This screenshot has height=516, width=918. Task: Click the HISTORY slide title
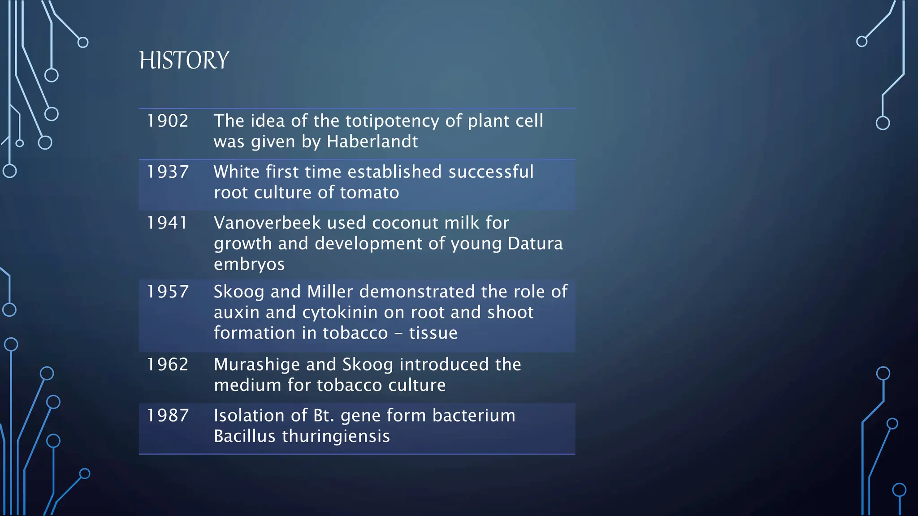coord(184,60)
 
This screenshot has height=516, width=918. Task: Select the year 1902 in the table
coord(168,121)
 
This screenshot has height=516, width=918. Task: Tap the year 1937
coord(168,172)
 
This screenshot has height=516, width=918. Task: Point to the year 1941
coord(167,223)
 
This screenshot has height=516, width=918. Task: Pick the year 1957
coord(168,292)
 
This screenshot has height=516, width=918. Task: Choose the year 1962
coord(168,365)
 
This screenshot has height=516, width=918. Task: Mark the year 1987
coord(168,416)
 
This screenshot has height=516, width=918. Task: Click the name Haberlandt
coord(372,142)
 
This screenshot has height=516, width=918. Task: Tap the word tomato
coord(369,193)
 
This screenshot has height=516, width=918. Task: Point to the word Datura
coord(535,244)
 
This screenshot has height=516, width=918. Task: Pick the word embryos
coord(249,265)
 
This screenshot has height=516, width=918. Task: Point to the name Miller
coord(330,292)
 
